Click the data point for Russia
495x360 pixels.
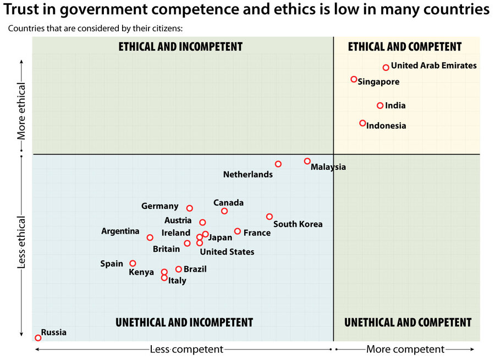tap(38, 338)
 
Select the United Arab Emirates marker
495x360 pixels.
tap(386, 68)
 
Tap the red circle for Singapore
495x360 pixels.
tap(354, 79)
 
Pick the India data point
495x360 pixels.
tap(380, 106)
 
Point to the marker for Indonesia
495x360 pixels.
tap(362, 123)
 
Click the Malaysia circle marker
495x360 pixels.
tap(307, 161)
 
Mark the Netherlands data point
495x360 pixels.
tap(278, 164)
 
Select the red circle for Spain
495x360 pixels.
tap(133, 263)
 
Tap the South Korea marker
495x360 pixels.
tap(269, 217)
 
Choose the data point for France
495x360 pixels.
tap(238, 231)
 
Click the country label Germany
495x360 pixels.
tap(159, 206)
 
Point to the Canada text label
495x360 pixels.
tap(228, 203)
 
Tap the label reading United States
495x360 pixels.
tap(227, 252)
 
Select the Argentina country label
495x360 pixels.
tap(120, 231)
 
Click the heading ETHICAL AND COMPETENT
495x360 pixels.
tap(405, 47)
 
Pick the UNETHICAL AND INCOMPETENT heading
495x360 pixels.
tap(184, 323)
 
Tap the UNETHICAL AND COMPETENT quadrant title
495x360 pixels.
tap(408, 323)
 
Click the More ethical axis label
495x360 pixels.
tap(21, 110)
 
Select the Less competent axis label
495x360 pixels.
tap(186, 350)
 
